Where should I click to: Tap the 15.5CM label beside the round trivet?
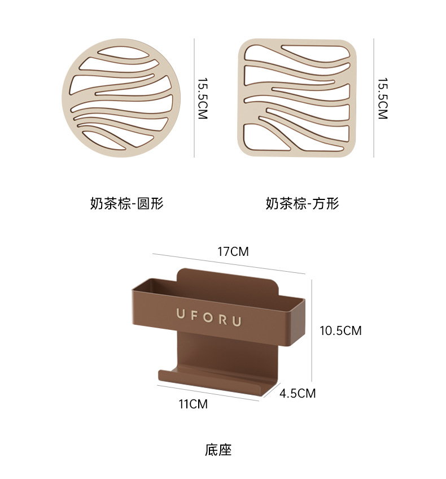[203, 98]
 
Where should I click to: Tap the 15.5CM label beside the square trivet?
[383, 98]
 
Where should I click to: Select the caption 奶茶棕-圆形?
[126, 203]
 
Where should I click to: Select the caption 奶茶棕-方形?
[302, 203]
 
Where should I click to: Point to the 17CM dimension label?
[233, 252]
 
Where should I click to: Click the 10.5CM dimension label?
[340, 330]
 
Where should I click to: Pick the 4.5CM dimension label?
[298, 393]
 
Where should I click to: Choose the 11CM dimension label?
[193, 404]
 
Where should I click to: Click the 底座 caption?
[218, 450]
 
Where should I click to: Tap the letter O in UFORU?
[209, 317]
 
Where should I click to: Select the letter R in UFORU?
[224, 320]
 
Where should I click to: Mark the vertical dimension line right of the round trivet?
[194, 98]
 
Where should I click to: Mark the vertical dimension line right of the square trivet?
[374, 98]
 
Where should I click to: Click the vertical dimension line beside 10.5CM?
[312, 330]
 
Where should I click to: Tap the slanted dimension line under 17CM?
[229, 264]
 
